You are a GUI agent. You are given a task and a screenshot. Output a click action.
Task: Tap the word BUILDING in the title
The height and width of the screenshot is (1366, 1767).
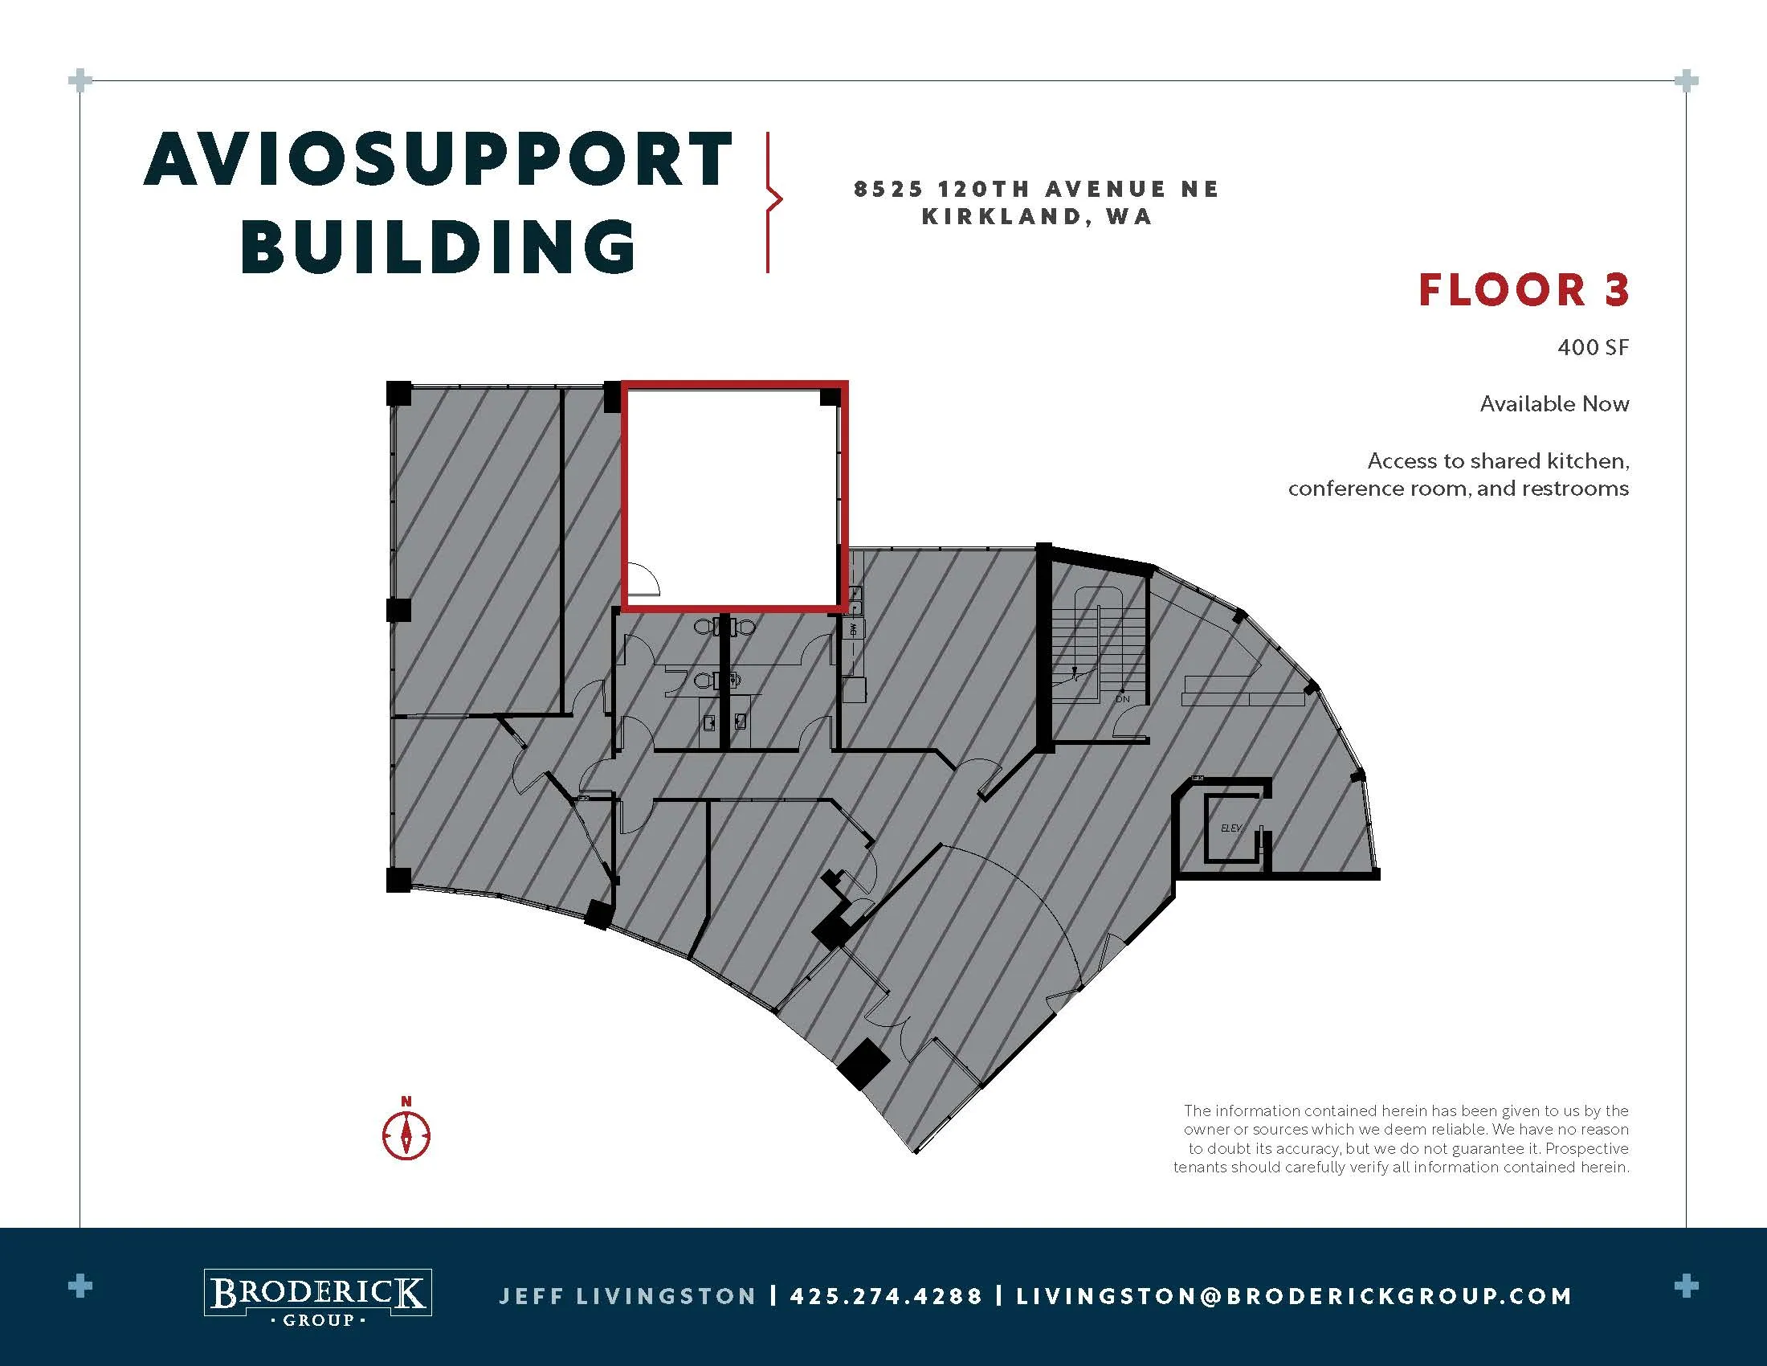439,246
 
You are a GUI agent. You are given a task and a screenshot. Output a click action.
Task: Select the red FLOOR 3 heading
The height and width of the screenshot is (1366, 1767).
1524,291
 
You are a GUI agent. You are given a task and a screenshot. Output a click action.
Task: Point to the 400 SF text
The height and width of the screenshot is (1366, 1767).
1593,347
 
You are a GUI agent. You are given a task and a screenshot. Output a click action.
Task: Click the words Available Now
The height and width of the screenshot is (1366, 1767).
1554,404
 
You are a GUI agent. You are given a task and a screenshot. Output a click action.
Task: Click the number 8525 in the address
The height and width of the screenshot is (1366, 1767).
889,190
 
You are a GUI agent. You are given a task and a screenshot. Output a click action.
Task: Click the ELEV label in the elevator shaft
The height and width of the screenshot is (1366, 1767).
1230,828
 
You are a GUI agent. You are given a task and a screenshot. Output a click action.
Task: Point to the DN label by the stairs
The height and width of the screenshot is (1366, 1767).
1122,698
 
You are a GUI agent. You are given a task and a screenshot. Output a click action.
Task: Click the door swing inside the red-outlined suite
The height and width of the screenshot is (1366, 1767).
644,579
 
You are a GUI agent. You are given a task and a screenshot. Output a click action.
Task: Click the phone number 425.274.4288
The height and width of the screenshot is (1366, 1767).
886,1296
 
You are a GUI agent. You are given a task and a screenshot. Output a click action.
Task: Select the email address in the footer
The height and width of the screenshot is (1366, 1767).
1295,1296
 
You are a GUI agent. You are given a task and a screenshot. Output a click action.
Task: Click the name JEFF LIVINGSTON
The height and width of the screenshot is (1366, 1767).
628,1296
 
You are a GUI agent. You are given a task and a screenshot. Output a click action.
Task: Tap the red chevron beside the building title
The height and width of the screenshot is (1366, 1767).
774,200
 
